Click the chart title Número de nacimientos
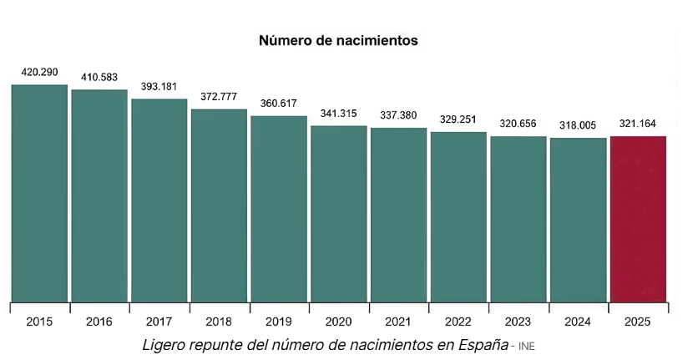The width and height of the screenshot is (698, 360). (x=337, y=40)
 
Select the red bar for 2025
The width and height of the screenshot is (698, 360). (x=638, y=217)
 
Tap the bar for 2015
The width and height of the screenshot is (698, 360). (x=39, y=192)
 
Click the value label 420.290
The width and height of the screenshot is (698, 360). (x=39, y=73)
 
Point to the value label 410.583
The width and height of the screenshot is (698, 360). (x=99, y=77)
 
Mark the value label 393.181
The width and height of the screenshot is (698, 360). (x=159, y=87)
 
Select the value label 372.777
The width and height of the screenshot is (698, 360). (x=219, y=97)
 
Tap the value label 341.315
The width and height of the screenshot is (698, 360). (x=339, y=114)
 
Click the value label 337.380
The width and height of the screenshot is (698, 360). (x=398, y=115)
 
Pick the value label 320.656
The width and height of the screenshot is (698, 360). (x=518, y=124)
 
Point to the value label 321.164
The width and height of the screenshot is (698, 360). (x=638, y=124)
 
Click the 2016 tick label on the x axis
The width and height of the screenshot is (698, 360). (x=99, y=321)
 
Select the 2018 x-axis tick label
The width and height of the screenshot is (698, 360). (x=219, y=321)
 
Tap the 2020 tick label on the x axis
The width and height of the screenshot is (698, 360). (x=339, y=321)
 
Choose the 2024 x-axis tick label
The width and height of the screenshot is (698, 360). (x=578, y=321)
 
